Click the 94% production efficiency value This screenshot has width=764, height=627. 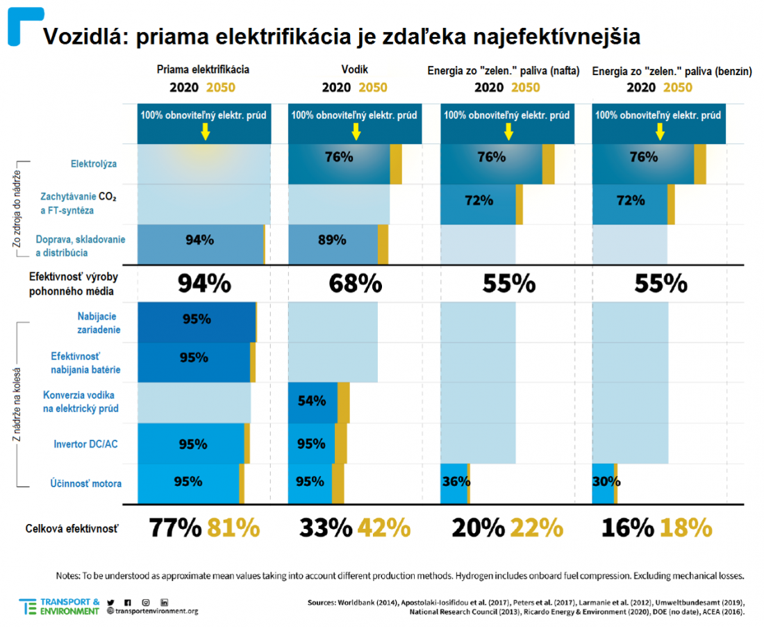[x=204, y=284]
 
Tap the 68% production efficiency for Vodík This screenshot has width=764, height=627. [x=355, y=284]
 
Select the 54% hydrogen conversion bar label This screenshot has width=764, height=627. [x=312, y=401]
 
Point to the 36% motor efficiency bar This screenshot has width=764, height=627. [x=454, y=484]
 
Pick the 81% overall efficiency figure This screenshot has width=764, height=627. [x=234, y=528]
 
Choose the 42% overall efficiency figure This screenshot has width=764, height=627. [x=385, y=528]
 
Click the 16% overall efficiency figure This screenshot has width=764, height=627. [x=628, y=528]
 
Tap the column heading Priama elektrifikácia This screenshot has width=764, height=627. [x=203, y=70]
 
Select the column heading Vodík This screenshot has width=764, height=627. [x=355, y=70]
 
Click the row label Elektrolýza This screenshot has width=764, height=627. [x=94, y=164]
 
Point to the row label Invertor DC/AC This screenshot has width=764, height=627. [x=85, y=444]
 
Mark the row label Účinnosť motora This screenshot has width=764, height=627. [x=85, y=484]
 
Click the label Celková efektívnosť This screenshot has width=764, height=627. [x=72, y=528]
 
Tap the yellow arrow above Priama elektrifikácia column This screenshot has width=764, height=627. [x=206, y=131]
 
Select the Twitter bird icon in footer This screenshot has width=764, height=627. [x=110, y=603]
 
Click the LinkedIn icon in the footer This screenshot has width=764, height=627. [x=164, y=603]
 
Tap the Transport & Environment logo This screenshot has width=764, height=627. [x=59, y=607]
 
